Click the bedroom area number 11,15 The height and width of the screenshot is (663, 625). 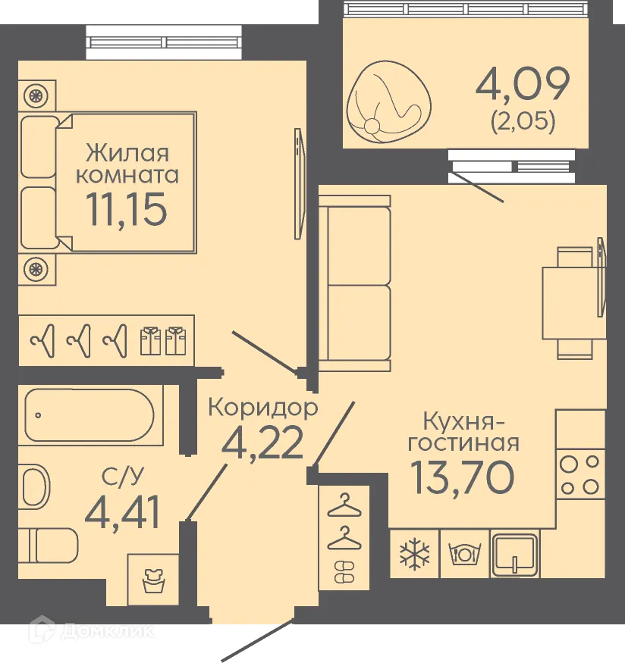click(125, 208)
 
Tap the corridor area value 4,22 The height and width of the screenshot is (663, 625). click(262, 443)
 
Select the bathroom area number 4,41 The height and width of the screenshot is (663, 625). click(122, 513)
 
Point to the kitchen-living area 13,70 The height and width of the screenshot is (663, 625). click(462, 475)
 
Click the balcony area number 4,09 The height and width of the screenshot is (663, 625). click(522, 85)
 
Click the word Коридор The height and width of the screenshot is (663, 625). click(262, 408)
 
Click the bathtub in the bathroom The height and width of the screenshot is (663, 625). click(90, 415)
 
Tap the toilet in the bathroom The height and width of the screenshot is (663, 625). click(49, 544)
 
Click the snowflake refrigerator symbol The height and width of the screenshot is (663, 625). click(414, 553)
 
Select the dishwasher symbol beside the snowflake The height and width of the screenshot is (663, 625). click(464, 553)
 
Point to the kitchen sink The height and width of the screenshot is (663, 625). click(515, 553)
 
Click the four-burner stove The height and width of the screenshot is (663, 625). click(580, 474)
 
